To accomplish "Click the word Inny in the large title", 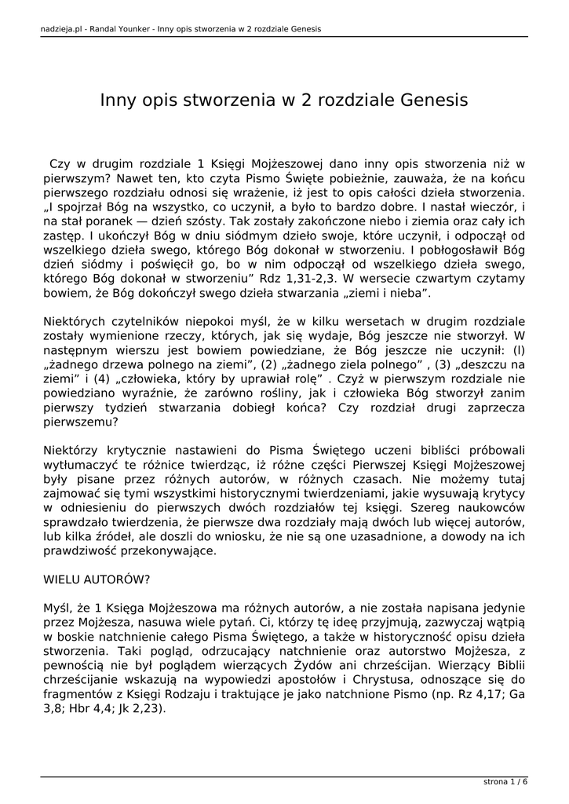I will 117,100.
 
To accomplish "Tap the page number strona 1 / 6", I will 505,782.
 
